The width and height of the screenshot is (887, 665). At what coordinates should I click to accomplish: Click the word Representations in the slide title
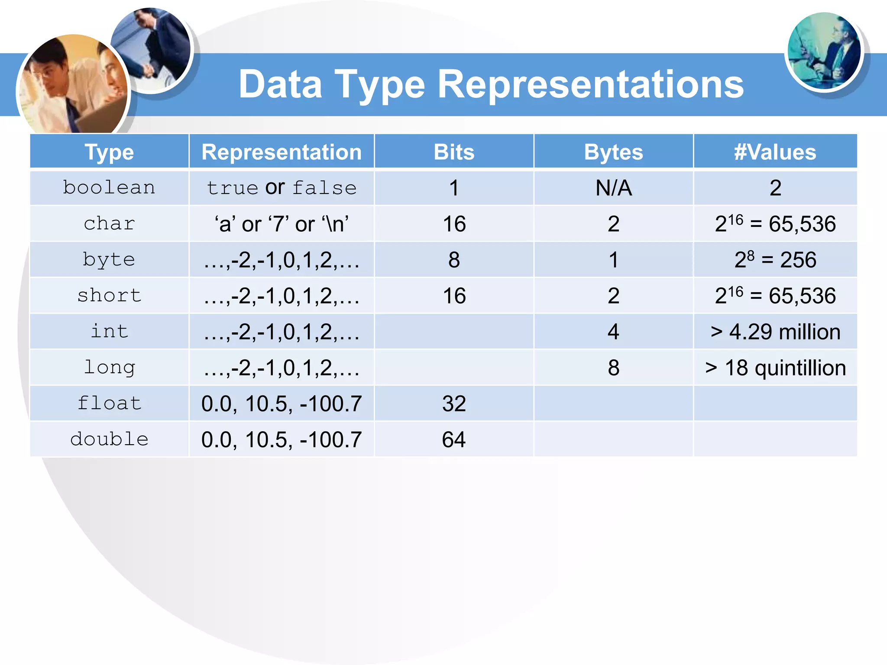[x=591, y=85]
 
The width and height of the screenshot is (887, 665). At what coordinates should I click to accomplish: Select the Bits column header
[x=454, y=152]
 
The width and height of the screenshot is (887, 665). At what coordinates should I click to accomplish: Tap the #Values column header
[x=775, y=152]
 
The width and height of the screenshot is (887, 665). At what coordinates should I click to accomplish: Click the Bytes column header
[x=613, y=152]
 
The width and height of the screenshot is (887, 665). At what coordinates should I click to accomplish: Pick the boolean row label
[x=109, y=188]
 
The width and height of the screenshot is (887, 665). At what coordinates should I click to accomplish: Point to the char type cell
[x=109, y=224]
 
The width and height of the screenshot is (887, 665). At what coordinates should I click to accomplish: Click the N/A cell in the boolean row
[x=613, y=188]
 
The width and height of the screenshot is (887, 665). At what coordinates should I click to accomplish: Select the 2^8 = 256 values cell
[x=775, y=260]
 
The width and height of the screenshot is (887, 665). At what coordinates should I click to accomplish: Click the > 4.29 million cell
[x=775, y=332]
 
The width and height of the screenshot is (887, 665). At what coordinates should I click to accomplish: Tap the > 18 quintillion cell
[x=775, y=368]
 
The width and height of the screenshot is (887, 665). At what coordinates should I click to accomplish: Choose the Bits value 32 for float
[x=454, y=404]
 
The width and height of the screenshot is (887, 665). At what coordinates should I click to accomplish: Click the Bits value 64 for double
[x=454, y=439]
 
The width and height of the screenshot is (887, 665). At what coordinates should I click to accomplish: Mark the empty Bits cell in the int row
[x=454, y=332]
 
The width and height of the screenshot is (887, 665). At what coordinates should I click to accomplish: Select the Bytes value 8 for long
[x=613, y=368]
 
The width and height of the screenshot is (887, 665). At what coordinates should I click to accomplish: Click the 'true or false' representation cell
[x=282, y=188]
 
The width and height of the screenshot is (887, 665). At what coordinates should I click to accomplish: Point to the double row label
[x=109, y=439]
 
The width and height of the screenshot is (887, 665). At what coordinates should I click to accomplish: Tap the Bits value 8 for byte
[x=454, y=260]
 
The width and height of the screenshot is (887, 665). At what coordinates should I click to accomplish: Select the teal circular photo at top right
[x=824, y=51]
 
